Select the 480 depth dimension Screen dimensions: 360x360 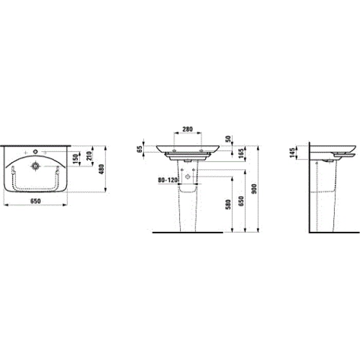(101, 168)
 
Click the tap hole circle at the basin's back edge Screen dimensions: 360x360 (35, 151)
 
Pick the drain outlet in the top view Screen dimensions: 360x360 (35, 166)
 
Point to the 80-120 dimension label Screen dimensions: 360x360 (168, 180)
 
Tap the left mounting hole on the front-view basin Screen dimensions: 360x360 (174, 150)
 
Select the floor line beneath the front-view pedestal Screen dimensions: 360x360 (188, 232)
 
